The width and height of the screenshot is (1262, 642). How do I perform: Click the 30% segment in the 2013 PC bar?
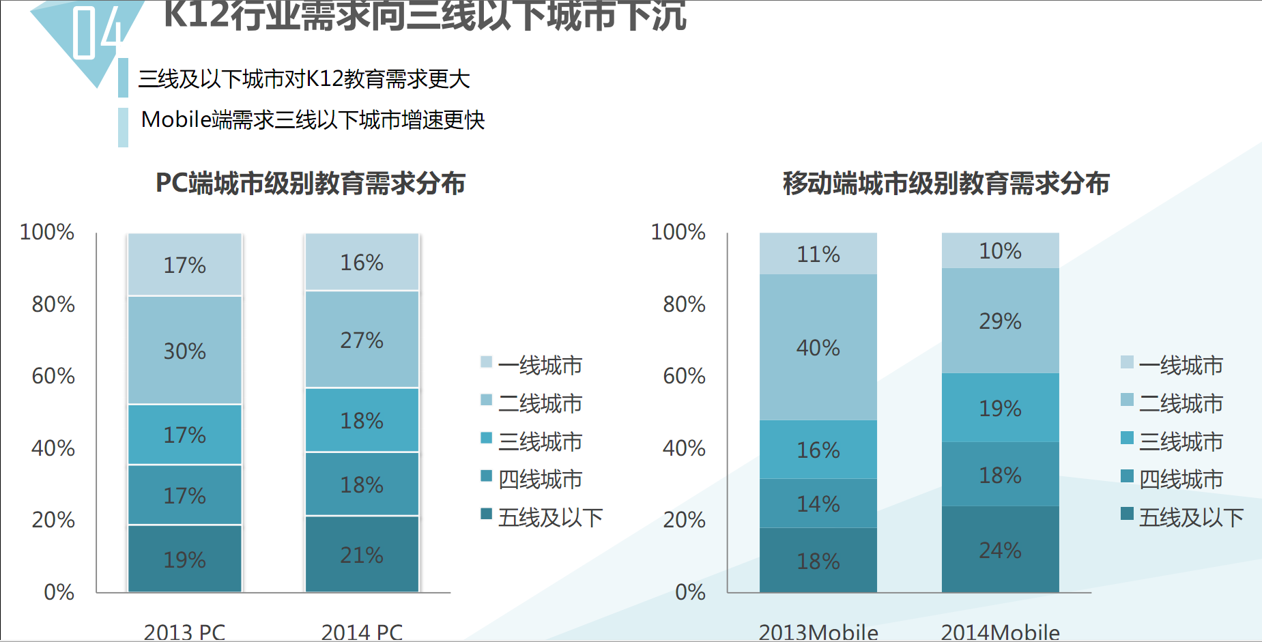click(184, 350)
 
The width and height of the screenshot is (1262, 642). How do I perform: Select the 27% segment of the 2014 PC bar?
click(362, 339)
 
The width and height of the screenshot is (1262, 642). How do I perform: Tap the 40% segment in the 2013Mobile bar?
click(818, 347)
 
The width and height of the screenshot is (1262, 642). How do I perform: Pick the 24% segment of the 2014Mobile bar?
click(1000, 549)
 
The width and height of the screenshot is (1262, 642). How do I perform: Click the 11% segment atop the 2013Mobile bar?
click(818, 254)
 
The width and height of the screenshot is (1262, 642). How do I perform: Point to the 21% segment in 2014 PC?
click(362, 554)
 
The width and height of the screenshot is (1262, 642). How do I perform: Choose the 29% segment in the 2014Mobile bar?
click(1000, 321)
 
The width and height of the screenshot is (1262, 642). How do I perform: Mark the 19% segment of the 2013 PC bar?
click(184, 559)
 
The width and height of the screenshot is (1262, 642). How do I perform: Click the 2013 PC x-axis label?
click(184, 632)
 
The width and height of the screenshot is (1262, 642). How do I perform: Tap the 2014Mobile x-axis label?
click(1000, 632)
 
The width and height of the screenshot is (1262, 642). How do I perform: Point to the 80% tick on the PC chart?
click(53, 304)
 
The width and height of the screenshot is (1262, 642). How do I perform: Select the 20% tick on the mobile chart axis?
click(684, 520)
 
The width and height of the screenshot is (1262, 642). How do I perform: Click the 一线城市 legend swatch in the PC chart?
click(486, 362)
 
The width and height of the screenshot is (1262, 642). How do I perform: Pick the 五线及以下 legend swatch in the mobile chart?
click(1127, 514)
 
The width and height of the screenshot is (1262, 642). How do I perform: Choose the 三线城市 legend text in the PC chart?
click(540, 441)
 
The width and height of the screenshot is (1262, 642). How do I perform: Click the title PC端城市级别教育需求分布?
click(311, 183)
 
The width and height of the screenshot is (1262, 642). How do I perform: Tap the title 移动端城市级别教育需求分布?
click(946, 183)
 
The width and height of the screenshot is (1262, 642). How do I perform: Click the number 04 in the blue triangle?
click(98, 32)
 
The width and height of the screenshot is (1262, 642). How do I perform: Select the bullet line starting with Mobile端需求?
click(313, 120)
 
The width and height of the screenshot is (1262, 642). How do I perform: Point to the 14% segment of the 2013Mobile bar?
click(818, 504)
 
